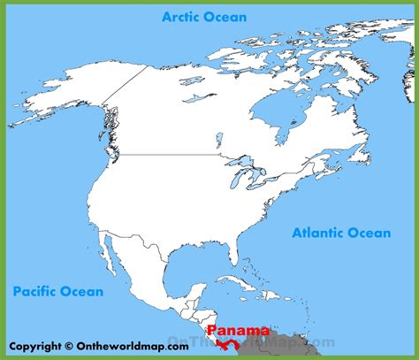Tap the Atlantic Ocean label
pyautogui.click(x=340, y=233)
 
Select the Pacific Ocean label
pyautogui.click(x=57, y=290)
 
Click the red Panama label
pyautogui.click(x=238, y=331)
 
